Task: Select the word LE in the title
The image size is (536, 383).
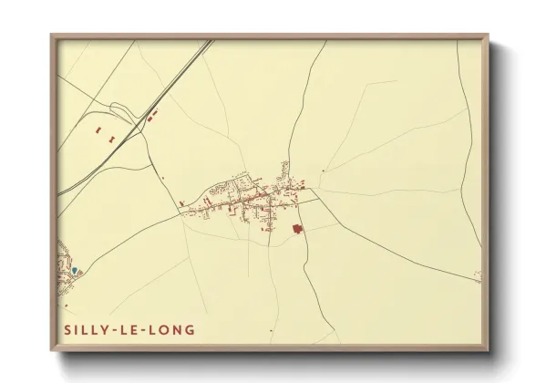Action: pyautogui.click(x=132, y=327)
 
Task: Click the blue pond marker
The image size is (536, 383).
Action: pyautogui.click(x=75, y=270)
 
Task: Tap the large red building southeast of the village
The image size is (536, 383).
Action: pyautogui.click(x=296, y=229)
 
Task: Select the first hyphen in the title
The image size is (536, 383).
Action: pyautogui.click(x=117, y=327)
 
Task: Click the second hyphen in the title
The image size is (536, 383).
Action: pyautogui.click(x=147, y=327)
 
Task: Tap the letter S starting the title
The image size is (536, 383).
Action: pyautogui.click(x=67, y=327)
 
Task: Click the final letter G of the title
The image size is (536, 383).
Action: pyautogui.click(x=189, y=327)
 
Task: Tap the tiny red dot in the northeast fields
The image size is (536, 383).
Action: pyautogui.click(x=323, y=170)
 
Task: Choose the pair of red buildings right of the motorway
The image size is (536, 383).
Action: pyautogui.click(x=151, y=115)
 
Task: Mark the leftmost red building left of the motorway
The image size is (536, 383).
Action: pyautogui.click(x=98, y=131)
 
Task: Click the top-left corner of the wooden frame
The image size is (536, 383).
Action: pyautogui.click(x=50, y=34)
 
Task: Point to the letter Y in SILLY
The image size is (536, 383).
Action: pyautogui.click(x=108, y=327)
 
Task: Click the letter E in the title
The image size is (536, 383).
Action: pyautogui.click(x=138, y=327)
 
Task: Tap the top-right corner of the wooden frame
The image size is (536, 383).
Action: pyautogui.click(x=490, y=34)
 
